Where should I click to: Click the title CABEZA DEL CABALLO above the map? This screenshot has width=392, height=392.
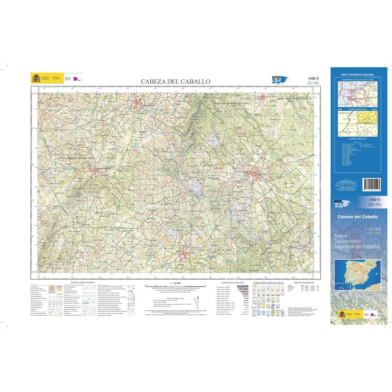pos(175,81)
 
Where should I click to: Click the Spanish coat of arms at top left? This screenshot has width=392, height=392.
pos(35,78)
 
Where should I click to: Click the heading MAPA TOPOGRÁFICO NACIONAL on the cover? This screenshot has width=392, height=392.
pos(357,75)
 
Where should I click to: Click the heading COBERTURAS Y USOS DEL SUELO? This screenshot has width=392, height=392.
pos(269,282)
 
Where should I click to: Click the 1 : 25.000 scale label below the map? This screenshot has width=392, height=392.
pos(175,283)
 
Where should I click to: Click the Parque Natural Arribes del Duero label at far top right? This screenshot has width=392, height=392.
pos(295,98)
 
